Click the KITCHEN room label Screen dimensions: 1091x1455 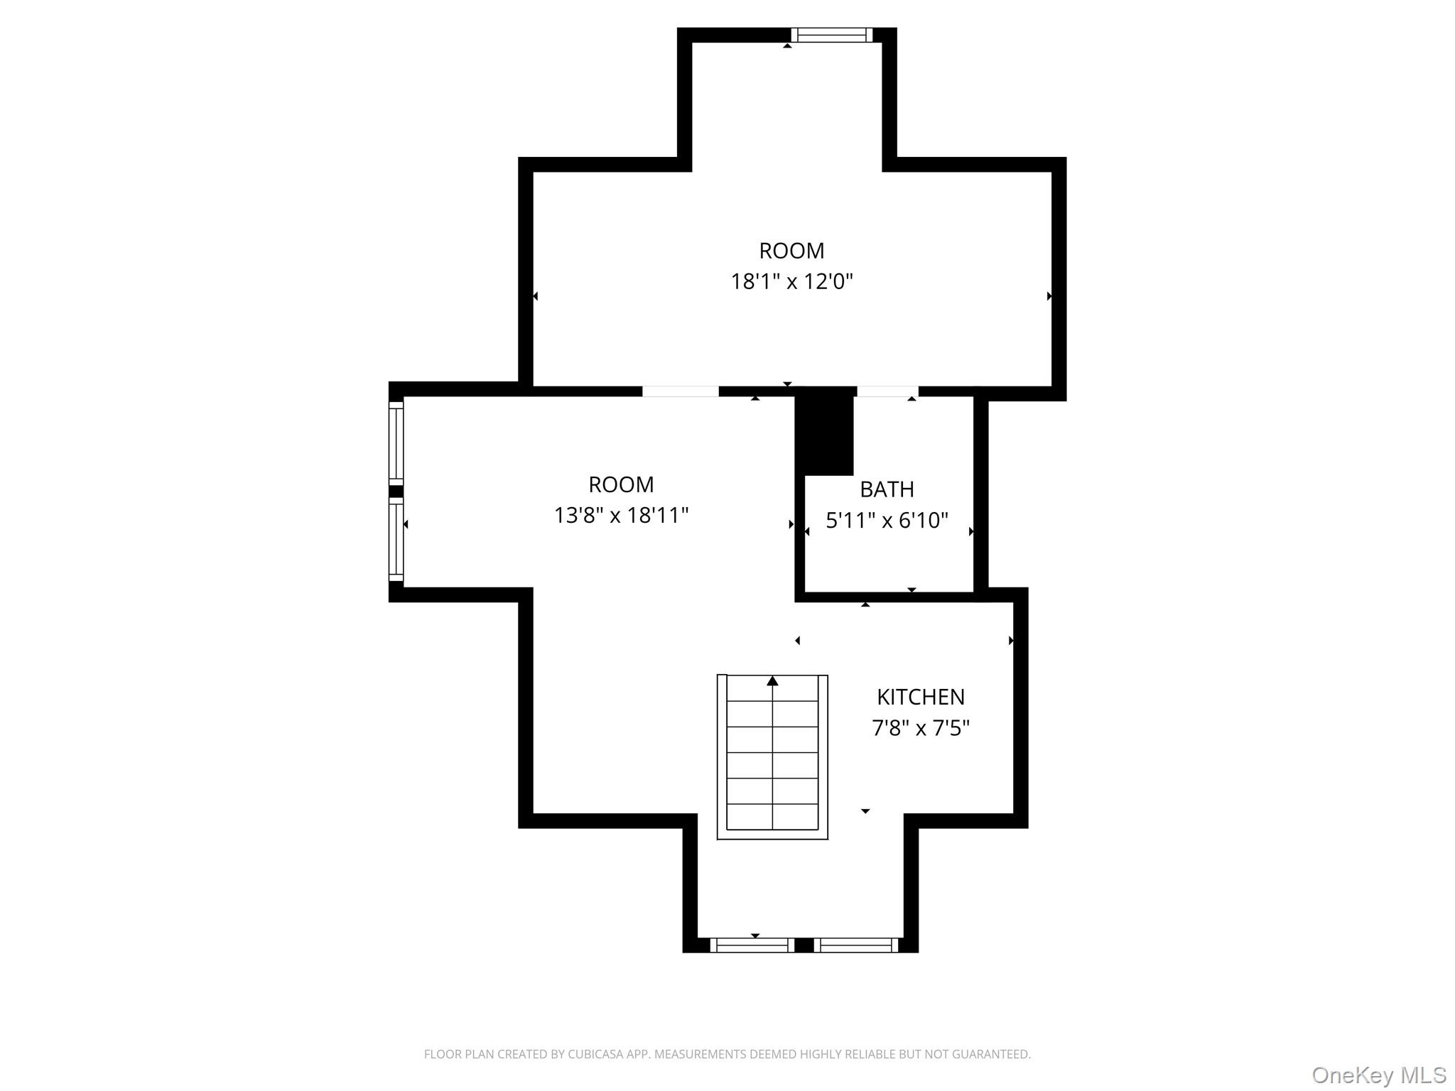pos(920,697)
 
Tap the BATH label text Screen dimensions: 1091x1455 pos(886,489)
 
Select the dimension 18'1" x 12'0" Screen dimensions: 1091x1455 pos(791,282)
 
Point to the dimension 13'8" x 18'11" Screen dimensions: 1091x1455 pos(621,515)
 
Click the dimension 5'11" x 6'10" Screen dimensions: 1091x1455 pos(886,521)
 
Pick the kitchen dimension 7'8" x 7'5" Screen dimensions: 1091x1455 pos(920,728)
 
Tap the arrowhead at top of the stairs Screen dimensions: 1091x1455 pos(772,681)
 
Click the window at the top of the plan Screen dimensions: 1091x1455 pos(831,35)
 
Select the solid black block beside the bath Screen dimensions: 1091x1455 pos(824,433)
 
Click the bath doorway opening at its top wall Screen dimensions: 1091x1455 pos(887,391)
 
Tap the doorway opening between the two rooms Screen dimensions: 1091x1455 pos(680,391)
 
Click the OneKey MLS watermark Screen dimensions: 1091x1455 pos(1378,1075)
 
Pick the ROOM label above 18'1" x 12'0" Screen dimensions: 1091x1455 pos(791,251)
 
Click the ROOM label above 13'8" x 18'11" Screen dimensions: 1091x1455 pos(621,484)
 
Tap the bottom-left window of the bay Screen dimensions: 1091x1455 pos(752,945)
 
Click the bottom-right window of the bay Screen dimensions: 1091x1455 pos(856,945)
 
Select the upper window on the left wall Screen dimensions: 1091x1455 pos(396,443)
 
